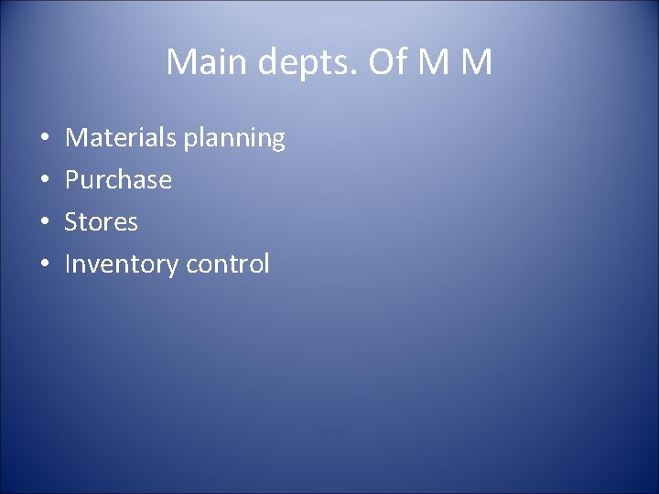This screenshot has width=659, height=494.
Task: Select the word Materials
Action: [x=122, y=138]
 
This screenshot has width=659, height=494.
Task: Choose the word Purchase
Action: [x=118, y=180]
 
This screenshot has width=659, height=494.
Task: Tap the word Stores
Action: [x=101, y=221]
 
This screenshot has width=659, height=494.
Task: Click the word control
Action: [x=228, y=264]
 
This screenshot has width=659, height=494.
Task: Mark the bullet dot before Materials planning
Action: [x=45, y=139]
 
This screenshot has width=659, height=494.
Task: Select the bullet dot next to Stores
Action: [x=45, y=222]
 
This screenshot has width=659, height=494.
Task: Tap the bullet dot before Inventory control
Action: [x=45, y=264]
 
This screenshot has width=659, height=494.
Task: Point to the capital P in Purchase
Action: [x=72, y=179]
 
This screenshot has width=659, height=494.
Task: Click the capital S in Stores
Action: [x=71, y=221]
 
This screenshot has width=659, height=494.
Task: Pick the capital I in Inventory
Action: [x=68, y=263]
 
